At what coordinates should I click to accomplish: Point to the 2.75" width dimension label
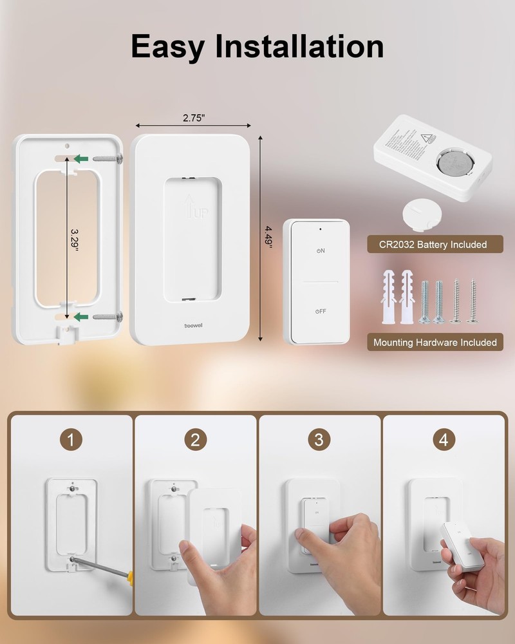click(193, 118)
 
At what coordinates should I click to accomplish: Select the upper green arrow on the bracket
click(80, 158)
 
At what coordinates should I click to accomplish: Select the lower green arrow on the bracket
click(80, 316)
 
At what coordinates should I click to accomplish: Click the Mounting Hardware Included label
click(436, 343)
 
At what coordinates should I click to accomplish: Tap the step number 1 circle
click(71, 440)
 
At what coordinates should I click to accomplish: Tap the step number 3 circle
click(319, 440)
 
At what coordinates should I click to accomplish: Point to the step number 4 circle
click(444, 440)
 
